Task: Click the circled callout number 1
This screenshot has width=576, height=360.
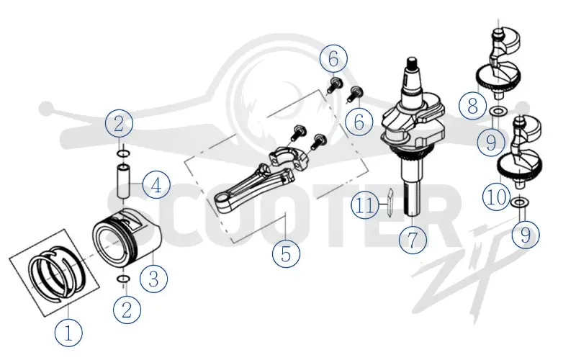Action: coord(68,333)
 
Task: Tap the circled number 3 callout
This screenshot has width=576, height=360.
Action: coord(153,278)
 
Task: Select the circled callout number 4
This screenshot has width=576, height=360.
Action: coord(156,185)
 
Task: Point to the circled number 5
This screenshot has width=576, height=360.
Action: coord(286,253)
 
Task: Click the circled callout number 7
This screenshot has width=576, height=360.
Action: coord(413,240)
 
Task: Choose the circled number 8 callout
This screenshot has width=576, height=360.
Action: coord(472,105)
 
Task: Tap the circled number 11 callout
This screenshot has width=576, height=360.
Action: coord(365,205)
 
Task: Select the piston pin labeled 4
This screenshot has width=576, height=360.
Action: coord(123,181)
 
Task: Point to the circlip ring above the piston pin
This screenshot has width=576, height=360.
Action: coord(123,153)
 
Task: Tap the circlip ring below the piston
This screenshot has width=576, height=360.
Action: coord(122,279)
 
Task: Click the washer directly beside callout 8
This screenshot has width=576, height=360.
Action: coord(498,110)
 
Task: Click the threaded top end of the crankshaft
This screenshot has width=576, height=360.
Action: coord(413,66)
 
